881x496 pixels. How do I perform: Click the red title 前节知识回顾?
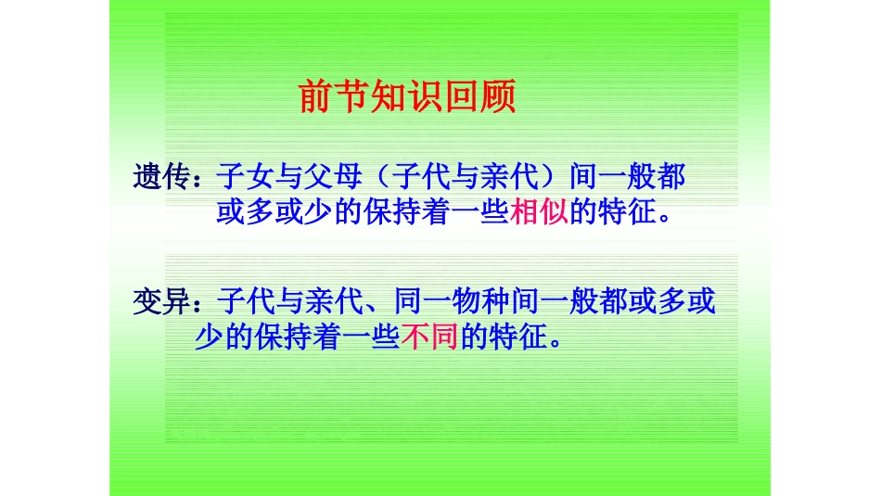[x=407, y=98]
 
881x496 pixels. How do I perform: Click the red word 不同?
[x=431, y=339]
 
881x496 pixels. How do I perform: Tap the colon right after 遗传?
[x=203, y=178]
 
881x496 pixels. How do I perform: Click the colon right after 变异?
[x=203, y=304]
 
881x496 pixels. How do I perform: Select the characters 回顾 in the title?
[x=479, y=98]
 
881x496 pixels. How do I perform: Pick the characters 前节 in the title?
[x=335, y=98]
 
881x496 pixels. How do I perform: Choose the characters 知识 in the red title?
[x=407, y=98]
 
